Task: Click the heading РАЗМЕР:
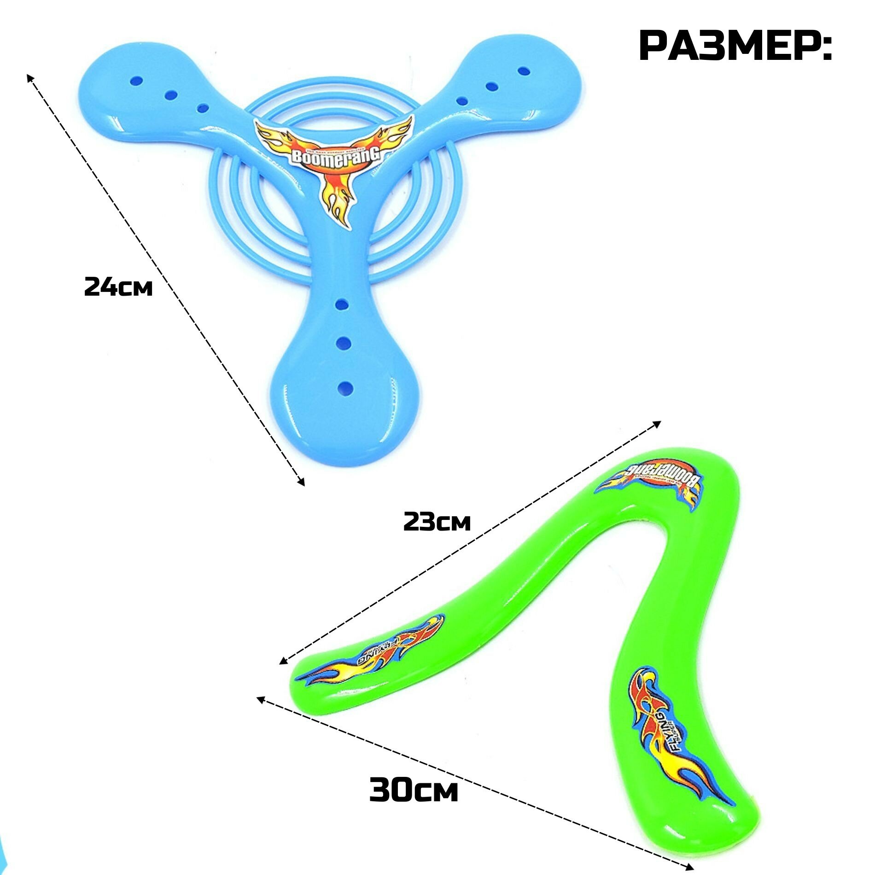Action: point(735,46)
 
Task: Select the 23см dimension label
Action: point(437,522)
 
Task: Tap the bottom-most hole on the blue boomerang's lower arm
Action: point(344,388)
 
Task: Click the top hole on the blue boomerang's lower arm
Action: point(341,304)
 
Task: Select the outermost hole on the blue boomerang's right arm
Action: point(523,71)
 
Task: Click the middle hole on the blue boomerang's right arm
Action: point(492,86)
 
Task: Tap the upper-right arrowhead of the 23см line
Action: point(658,423)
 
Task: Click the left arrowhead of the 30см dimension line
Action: point(260,699)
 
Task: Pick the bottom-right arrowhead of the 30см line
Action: point(690,866)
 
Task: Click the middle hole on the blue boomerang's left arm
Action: point(171,95)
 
